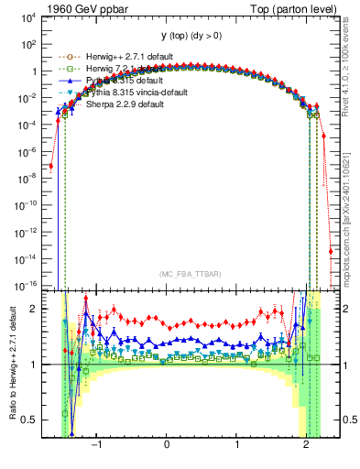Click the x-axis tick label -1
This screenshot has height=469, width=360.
[x=96, y=445]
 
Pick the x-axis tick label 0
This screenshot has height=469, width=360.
[x=167, y=445]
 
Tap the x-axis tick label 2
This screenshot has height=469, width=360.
[x=306, y=445]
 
